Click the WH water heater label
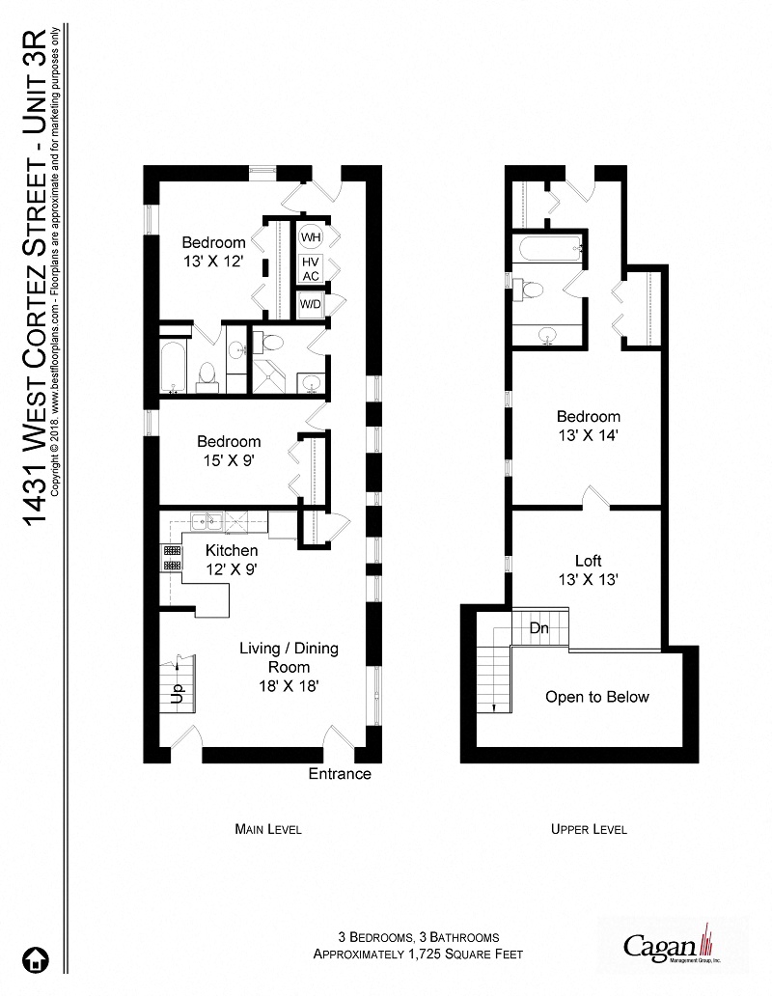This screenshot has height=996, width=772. [x=311, y=236]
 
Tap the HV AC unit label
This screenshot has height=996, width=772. [x=311, y=268]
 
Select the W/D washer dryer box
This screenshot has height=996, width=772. [x=311, y=305]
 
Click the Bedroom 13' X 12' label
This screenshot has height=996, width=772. [x=213, y=251]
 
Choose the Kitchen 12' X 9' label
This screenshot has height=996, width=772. [x=231, y=559]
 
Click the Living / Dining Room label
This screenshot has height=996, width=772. [x=289, y=666]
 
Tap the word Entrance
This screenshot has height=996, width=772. [x=339, y=774]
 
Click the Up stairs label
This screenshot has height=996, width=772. [x=177, y=694]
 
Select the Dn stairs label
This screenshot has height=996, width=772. [x=538, y=627]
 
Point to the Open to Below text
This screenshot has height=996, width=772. [x=596, y=697]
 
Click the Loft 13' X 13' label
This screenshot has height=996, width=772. [x=588, y=569]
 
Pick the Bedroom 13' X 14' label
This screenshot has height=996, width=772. [x=588, y=426]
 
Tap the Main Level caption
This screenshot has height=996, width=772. [x=268, y=829]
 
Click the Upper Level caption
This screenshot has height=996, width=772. [x=589, y=829]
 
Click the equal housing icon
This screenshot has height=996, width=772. [x=37, y=959]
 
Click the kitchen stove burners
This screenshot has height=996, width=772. [x=171, y=558]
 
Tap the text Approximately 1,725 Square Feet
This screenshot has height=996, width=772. [x=418, y=954]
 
